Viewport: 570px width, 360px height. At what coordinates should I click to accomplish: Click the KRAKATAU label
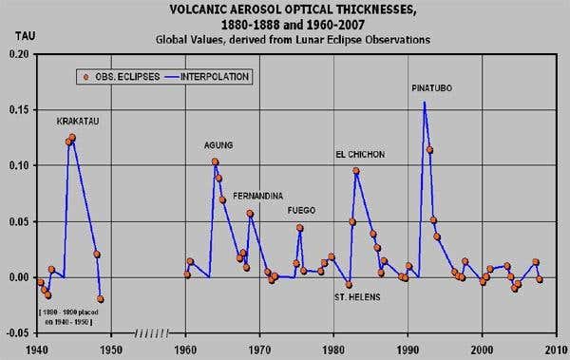tap(80, 123)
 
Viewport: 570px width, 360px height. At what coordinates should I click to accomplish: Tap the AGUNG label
tap(218, 145)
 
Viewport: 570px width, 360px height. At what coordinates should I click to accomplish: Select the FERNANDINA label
tap(258, 196)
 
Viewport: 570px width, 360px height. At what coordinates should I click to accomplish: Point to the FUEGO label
tap(301, 210)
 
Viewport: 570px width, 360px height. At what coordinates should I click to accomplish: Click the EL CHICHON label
tap(360, 154)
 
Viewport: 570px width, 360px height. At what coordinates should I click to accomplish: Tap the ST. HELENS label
tap(357, 296)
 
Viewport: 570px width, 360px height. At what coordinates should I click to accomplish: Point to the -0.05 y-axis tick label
tap(16, 332)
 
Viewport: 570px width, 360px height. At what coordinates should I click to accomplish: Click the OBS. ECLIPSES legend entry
tap(122, 76)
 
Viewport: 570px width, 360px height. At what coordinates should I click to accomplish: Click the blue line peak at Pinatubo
tap(424, 103)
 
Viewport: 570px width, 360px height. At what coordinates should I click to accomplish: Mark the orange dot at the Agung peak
tap(215, 162)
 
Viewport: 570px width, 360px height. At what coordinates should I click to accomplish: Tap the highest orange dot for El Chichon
tap(356, 171)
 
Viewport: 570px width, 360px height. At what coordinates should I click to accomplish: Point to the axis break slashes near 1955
tap(152, 334)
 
